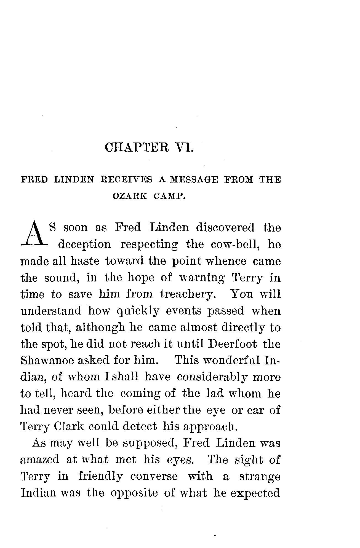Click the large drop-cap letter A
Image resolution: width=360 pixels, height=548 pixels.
point(33,233)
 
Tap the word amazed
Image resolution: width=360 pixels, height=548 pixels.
point(40,460)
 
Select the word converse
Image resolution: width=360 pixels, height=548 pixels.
point(154,476)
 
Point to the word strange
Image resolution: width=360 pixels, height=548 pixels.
point(260,476)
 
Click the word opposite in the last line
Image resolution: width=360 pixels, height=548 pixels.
point(134,493)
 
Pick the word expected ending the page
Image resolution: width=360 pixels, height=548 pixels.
point(255,493)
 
